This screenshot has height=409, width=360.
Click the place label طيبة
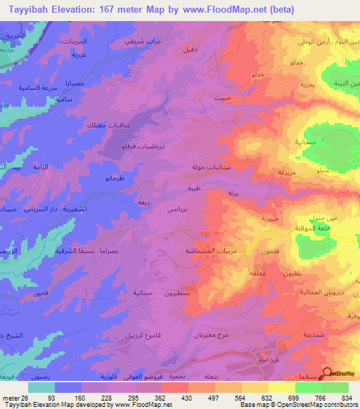(194, 188)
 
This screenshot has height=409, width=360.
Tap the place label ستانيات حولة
(207, 168)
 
